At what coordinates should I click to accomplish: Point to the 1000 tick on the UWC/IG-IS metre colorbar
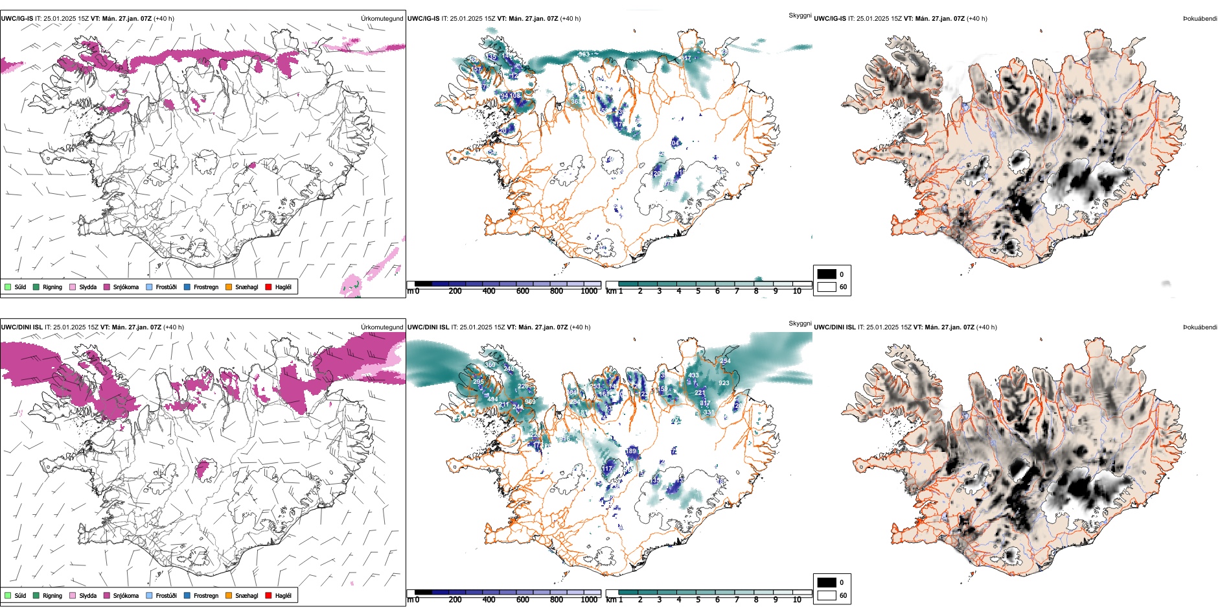pos(589,291)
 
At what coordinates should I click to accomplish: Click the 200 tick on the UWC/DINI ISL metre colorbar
pos(455,600)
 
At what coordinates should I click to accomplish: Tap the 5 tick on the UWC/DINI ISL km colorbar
pos(698,600)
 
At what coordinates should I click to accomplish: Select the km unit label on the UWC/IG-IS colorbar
pos(611,291)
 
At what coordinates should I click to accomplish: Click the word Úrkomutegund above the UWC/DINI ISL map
pos(382,327)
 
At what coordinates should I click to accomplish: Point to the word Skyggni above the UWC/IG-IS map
pos(800,15)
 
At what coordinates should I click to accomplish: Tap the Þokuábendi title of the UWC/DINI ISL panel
pos(1200,327)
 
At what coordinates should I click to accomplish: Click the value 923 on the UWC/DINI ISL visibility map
pos(724,383)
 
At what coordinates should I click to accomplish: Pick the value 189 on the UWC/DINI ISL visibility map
pos(631,451)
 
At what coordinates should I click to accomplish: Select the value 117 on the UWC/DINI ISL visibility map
pos(608,469)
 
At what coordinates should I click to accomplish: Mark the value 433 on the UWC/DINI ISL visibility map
pos(693,375)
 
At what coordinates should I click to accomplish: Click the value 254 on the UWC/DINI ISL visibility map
pos(724,361)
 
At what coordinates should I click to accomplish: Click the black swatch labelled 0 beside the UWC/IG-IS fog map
pos(827,274)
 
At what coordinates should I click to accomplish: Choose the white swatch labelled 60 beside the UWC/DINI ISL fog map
pos(827,595)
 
